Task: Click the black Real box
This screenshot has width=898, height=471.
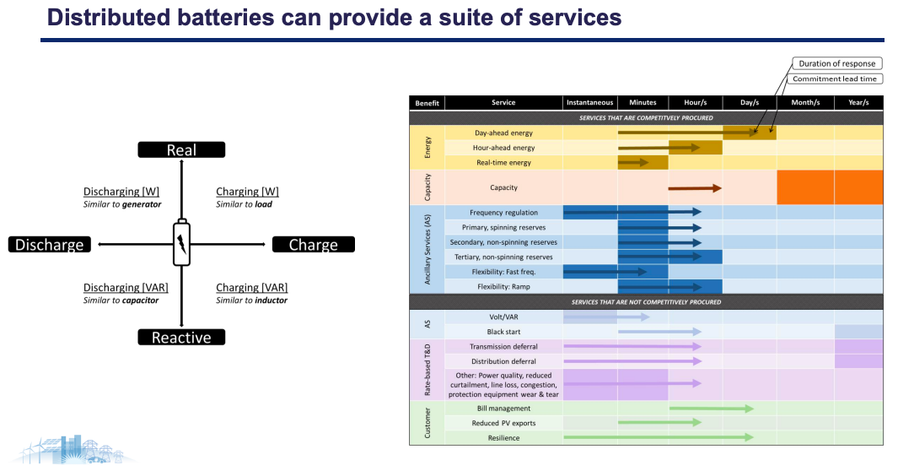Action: (181, 149)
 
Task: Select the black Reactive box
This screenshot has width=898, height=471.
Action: (181, 338)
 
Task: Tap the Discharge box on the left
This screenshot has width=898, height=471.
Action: (50, 245)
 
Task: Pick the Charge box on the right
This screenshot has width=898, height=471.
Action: (313, 245)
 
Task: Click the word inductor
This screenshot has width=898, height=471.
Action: (271, 300)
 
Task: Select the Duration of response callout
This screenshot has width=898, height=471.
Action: (836, 63)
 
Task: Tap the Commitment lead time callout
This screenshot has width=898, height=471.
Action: (836, 78)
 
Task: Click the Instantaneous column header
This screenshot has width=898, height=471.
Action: (589, 103)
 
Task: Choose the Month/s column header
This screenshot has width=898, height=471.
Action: (804, 103)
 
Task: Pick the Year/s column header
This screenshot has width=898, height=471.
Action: (858, 103)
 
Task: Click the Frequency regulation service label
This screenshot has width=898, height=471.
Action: (503, 213)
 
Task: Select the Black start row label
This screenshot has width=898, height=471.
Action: (503, 332)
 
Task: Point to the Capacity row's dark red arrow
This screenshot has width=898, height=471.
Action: (695, 187)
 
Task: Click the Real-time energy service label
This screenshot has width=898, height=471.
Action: (503, 162)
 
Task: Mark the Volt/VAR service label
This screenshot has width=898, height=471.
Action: (503, 317)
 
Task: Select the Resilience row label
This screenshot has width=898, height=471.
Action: (503, 438)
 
